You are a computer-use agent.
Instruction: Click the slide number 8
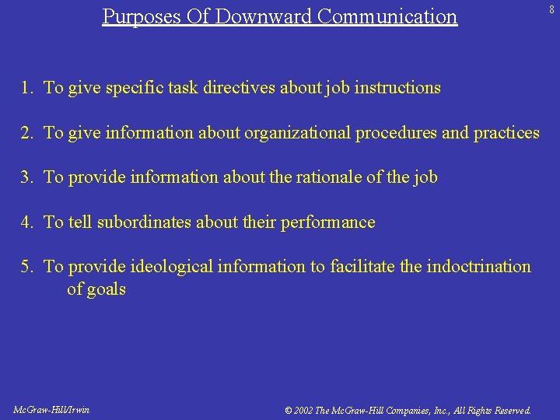tap(551, 10)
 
